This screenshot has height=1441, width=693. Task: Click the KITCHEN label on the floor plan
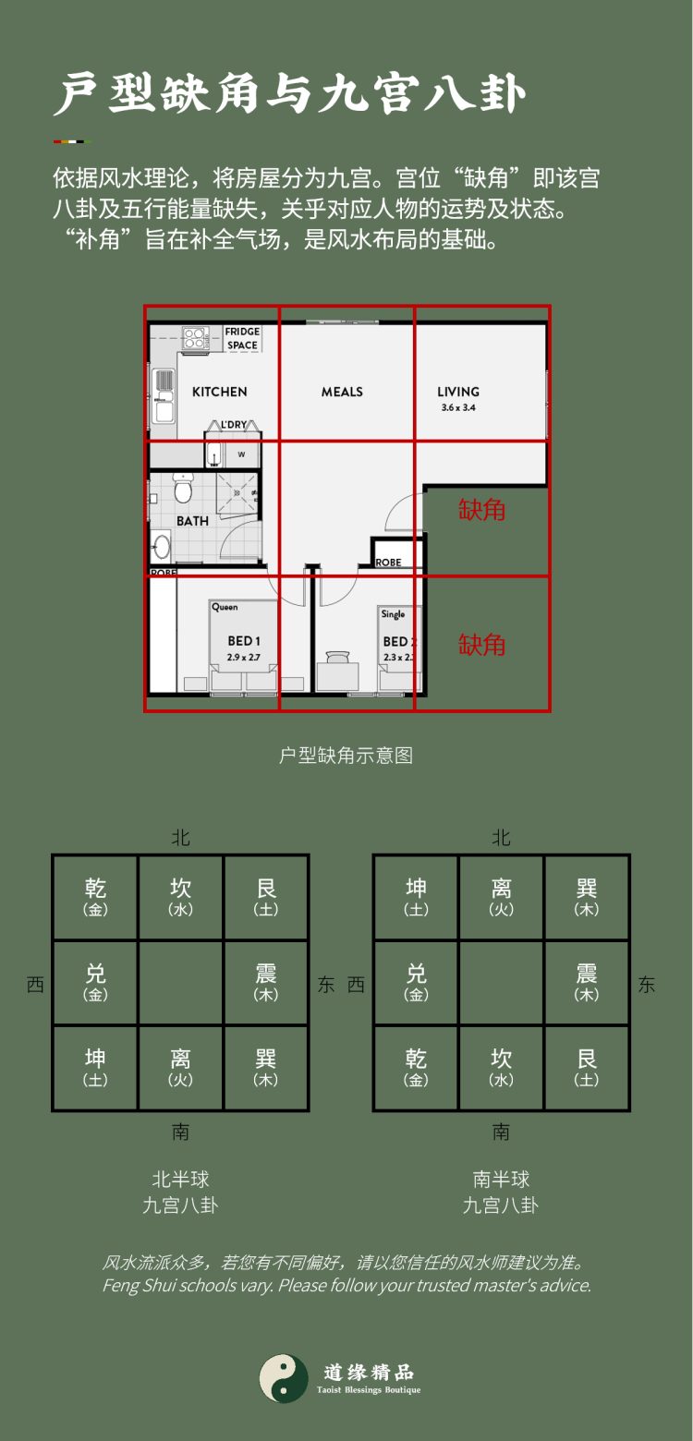click(219, 392)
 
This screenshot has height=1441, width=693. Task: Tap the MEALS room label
click(342, 392)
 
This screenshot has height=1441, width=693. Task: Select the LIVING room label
click(458, 392)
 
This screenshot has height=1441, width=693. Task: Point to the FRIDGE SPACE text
click(242, 338)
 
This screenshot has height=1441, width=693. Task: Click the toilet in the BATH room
click(182, 486)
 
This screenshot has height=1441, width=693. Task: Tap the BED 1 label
click(244, 641)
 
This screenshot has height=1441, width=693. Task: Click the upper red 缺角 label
click(482, 509)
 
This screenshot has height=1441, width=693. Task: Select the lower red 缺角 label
click(482, 644)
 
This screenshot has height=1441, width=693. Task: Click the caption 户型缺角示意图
click(346, 756)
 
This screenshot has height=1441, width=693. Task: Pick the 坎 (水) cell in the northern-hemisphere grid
click(180, 897)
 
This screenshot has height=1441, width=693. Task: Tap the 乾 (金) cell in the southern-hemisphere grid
click(416, 1068)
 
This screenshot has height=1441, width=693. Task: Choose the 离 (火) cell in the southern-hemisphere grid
click(501, 897)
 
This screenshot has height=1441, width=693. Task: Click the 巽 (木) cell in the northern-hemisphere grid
click(266, 1068)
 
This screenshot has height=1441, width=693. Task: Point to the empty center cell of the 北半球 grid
click(180, 983)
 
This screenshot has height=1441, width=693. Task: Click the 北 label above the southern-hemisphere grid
click(501, 838)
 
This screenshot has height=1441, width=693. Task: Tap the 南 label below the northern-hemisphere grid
click(180, 1132)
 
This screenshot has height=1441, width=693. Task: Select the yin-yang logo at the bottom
click(284, 1379)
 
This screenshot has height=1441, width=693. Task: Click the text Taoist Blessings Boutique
click(368, 1390)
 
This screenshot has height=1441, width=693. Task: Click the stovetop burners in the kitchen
click(194, 338)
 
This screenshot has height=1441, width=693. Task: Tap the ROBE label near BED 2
click(388, 562)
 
